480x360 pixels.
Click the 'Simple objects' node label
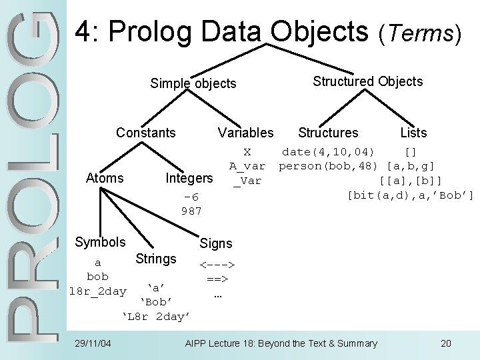point(193,83)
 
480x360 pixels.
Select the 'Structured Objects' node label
point(368,81)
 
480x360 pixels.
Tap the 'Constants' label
point(146,132)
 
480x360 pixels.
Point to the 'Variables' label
point(245,133)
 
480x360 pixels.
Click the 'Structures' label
point(328,133)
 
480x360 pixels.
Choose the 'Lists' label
point(413,133)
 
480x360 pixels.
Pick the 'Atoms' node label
point(105,177)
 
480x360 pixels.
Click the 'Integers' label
point(189,178)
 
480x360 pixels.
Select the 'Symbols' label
point(100,241)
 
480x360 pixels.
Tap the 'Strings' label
point(156,258)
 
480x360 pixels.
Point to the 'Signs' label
point(216,244)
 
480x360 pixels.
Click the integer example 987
point(191,211)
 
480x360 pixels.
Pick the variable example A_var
point(247,166)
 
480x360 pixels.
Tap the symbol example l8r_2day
point(98,291)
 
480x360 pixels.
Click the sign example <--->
point(216,265)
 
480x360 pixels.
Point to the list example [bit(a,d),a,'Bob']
point(411,195)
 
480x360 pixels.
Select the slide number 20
point(446,343)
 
